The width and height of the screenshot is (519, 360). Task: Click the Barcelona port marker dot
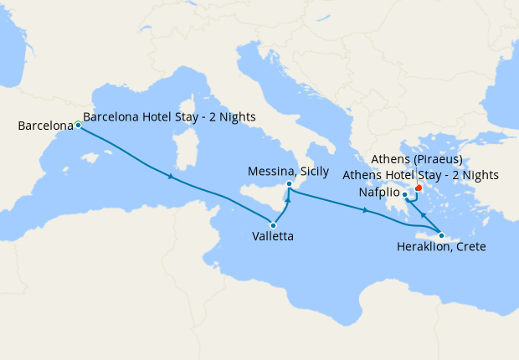click(78, 125)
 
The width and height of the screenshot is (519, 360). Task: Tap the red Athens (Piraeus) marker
click(419, 188)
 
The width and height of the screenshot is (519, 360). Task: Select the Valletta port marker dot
click(274, 225)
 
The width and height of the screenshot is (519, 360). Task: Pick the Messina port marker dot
click(289, 183)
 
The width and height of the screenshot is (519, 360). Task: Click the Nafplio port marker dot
click(404, 196)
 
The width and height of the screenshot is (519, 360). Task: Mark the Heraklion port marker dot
click(441, 235)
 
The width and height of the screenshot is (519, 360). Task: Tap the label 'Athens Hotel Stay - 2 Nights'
click(421, 175)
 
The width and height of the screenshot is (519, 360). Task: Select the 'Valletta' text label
click(272, 237)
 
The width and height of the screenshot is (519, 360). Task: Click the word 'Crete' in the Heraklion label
click(469, 247)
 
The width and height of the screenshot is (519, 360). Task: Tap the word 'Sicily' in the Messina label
click(314, 172)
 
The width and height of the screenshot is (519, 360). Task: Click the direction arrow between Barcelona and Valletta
click(172, 177)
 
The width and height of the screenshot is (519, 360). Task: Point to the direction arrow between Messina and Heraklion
click(365, 211)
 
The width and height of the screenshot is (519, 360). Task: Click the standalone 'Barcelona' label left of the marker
click(46, 126)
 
